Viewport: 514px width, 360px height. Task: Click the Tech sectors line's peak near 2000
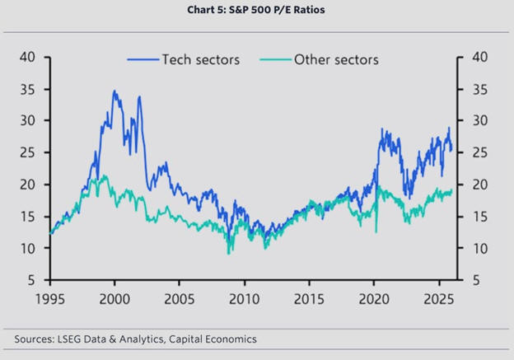coord(114,91)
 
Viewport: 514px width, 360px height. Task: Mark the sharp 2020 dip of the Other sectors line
coord(376,231)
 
